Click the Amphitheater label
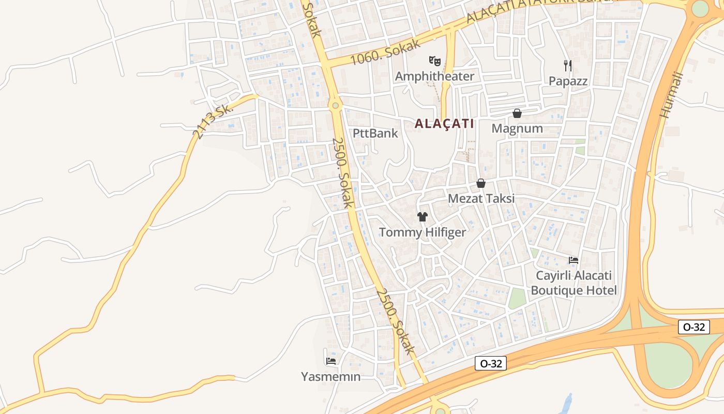(434, 77)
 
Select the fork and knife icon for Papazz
(568, 65)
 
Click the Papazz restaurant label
(568, 81)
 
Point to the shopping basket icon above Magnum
(517, 113)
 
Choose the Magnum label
(517, 128)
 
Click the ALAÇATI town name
(444, 124)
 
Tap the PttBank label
(375, 133)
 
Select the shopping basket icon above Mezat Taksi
(481, 183)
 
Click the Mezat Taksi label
(481, 199)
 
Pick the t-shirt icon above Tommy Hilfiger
(423, 217)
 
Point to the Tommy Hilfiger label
(423, 232)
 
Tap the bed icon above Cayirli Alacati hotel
(573, 260)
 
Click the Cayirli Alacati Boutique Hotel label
(574, 283)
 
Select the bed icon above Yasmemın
(331, 361)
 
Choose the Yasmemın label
(331, 377)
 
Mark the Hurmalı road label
(672, 95)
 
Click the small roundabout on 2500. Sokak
(336, 106)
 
